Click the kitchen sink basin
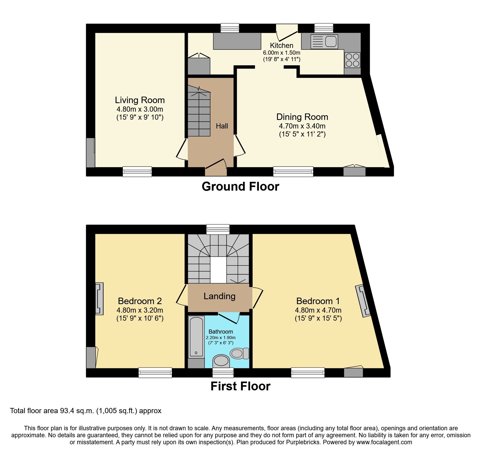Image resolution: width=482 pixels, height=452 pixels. (331, 41)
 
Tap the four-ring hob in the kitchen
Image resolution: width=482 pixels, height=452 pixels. (352, 60)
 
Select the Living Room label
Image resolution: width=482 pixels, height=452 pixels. (140, 100)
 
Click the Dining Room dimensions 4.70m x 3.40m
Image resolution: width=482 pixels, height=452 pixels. (302, 126)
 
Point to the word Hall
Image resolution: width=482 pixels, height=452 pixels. (222, 126)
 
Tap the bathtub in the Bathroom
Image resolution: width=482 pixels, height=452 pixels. (196, 337)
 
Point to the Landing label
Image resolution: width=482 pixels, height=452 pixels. (219, 296)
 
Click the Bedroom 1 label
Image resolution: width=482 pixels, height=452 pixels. (318, 301)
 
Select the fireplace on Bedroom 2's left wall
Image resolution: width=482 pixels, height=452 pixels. (99, 298)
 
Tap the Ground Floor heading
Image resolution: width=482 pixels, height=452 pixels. (240, 186)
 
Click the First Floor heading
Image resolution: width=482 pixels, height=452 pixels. (240, 386)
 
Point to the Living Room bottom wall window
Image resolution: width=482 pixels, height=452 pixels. (137, 171)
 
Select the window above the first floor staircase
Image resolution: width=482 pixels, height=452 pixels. (218, 229)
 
